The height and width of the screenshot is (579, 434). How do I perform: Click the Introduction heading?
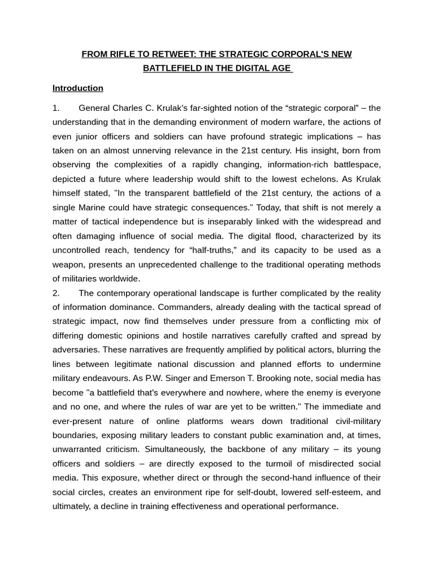pos(78,88)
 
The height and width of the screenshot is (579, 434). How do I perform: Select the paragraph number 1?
pos(56,108)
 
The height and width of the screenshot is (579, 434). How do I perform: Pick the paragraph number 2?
pos(56,293)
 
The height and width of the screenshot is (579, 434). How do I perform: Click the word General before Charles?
pos(94,108)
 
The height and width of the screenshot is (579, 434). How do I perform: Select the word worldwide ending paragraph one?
pos(119,278)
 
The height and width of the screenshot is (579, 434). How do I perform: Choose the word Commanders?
pos(183,307)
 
